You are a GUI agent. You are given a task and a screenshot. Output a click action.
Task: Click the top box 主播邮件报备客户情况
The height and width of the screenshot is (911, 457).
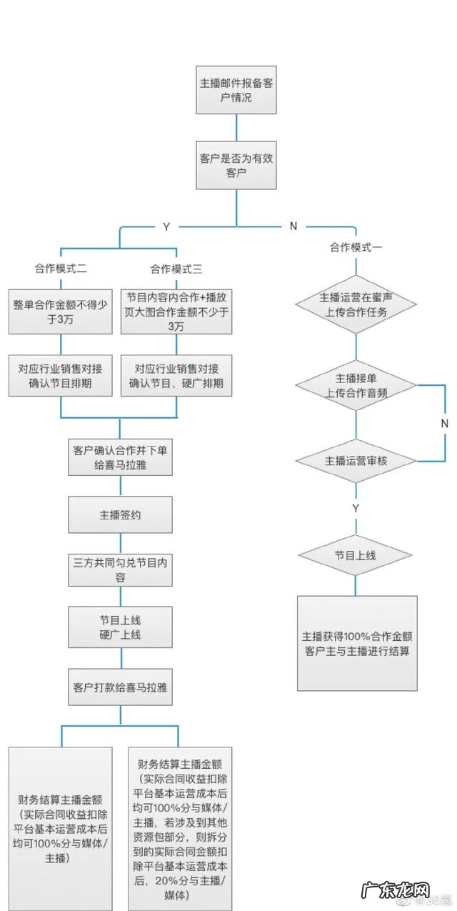tap(236, 90)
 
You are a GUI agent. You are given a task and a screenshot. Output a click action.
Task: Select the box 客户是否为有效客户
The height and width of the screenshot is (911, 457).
tap(236, 165)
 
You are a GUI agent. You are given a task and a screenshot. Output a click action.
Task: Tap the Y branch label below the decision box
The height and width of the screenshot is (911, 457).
tap(166, 226)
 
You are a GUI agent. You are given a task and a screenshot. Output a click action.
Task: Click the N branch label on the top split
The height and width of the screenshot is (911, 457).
tap(293, 226)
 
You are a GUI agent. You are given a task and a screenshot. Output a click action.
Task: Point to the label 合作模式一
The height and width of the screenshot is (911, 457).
tap(356, 247)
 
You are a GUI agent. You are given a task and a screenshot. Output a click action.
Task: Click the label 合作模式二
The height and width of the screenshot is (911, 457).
tap(61, 269)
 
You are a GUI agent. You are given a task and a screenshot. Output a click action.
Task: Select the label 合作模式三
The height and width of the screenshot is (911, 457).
tap(176, 269)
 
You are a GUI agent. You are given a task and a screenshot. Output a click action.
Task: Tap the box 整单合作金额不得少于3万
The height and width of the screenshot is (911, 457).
tap(61, 311)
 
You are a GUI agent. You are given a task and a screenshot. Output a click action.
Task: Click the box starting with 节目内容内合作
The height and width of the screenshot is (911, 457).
tap(176, 311)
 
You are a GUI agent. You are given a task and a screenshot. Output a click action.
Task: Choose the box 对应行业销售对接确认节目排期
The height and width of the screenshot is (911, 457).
tap(61, 376)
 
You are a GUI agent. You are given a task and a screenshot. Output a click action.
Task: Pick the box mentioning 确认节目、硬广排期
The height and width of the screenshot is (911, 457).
tap(176, 376)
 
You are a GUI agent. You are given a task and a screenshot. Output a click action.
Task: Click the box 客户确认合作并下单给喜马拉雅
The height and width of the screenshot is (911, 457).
tap(120, 457)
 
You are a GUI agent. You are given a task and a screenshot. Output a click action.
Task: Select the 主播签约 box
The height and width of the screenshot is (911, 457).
tap(120, 514)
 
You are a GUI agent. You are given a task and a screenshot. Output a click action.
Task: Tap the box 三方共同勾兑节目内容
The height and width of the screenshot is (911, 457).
tap(120, 569)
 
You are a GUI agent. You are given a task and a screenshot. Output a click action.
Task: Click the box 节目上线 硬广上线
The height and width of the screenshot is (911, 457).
tap(120, 627)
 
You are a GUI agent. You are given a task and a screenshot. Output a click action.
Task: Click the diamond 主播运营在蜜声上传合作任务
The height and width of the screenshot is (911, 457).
tap(356, 304)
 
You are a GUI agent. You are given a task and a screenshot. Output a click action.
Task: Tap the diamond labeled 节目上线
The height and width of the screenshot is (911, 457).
tap(356, 555)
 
